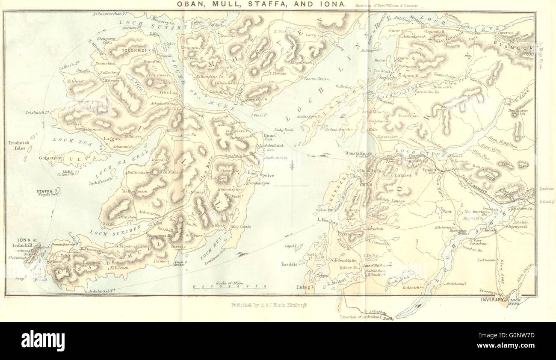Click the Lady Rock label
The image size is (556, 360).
click(284, 130)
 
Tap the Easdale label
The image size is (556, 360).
click(290, 264)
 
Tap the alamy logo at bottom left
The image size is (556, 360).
click(43, 341)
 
